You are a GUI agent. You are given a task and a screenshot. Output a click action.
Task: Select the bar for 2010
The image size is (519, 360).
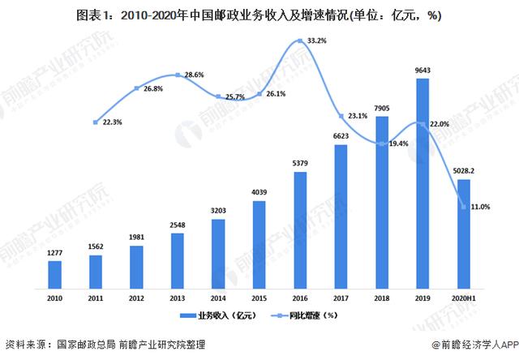pos(54,274)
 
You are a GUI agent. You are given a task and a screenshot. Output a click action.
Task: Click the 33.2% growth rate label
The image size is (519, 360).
pos(317,40)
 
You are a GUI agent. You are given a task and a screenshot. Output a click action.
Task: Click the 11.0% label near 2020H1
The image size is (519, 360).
pos(480,207)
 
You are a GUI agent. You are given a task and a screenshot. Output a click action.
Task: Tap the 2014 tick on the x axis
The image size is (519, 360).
pos(217,298)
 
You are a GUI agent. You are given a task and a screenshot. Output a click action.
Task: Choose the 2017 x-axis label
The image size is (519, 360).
pos(339,298)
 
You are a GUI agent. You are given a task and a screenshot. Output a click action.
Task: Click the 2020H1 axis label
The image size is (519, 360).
pos(461,298)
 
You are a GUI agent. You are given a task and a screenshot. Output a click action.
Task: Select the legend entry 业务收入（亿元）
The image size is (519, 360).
pos(213,315)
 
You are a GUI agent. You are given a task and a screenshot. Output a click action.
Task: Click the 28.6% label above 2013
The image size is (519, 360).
pos(194,75)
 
